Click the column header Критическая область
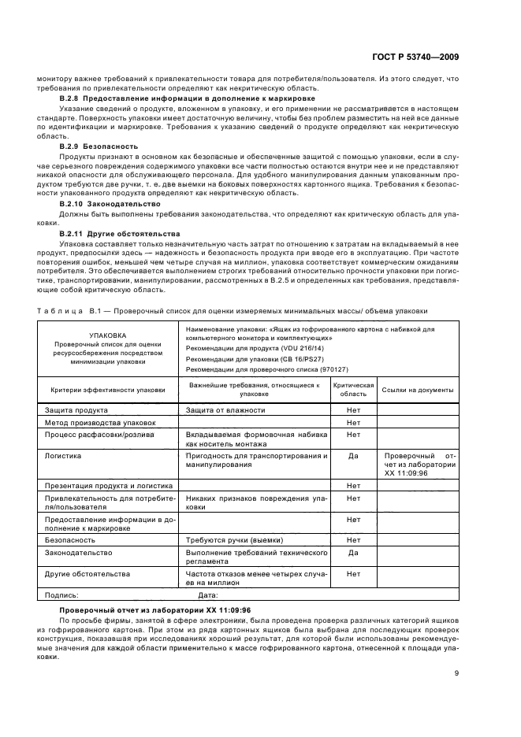(x=353, y=389)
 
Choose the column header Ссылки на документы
(x=417, y=389)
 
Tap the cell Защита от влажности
(x=225, y=410)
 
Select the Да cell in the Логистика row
(x=353, y=456)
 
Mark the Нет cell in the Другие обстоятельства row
(x=353, y=573)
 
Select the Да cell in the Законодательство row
(x=353, y=552)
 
